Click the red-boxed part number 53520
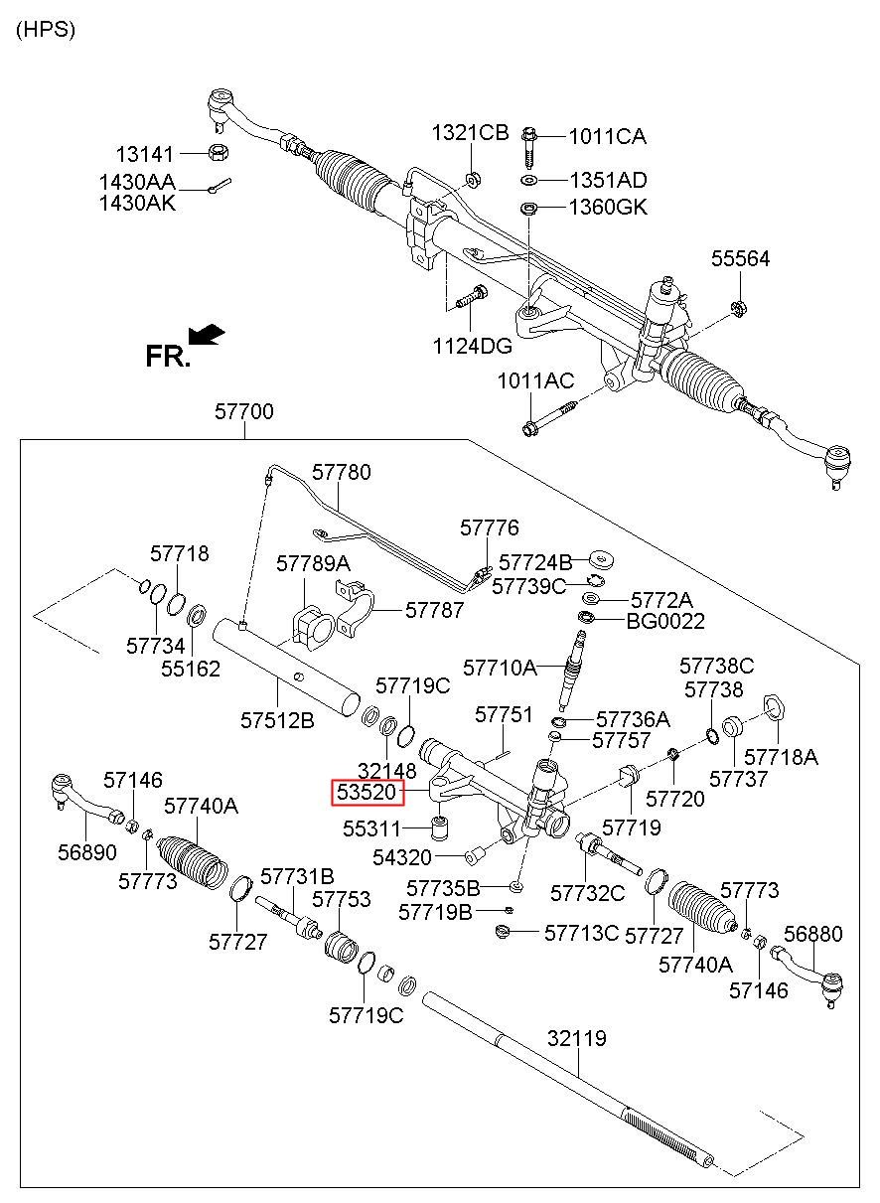pos(367,793)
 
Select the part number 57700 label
pos(244,411)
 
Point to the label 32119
pos(576,1039)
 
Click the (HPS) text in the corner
pos(46,29)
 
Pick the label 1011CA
pos(607,136)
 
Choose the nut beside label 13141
pos(220,153)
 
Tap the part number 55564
pos(740,259)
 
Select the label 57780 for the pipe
pos(342,472)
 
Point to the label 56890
pos(85,851)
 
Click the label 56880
pos(812,934)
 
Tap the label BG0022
pos(665,622)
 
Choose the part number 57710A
pos(500,666)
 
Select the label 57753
pos(342,899)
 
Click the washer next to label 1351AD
pos(529,181)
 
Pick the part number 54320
pos(401,856)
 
